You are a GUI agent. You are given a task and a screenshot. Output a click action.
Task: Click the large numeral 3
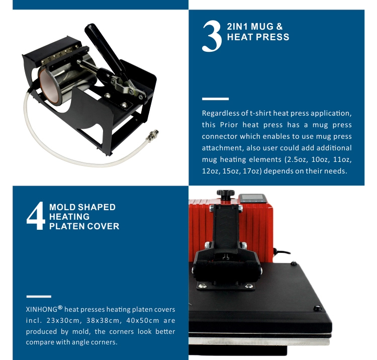(x=212, y=36)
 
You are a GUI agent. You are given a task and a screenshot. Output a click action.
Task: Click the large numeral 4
(x=36, y=216)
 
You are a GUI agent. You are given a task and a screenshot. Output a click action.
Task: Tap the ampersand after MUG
(x=279, y=27)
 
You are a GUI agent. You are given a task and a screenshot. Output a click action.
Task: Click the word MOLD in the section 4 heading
(x=62, y=207)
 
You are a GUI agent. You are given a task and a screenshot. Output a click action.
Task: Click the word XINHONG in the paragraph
(x=42, y=309)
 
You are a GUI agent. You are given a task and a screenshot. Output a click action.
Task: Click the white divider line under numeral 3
(x=215, y=99)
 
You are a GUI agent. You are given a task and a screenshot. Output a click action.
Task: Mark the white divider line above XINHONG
(x=39, y=296)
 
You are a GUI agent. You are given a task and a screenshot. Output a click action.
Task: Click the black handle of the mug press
(x=104, y=48)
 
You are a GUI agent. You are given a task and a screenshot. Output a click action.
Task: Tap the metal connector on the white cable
(x=153, y=136)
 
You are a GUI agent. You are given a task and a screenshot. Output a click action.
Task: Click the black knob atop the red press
(x=225, y=194)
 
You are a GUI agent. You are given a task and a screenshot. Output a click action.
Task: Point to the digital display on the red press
(x=251, y=198)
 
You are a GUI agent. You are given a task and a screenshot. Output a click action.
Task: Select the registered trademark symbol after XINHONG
(x=60, y=307)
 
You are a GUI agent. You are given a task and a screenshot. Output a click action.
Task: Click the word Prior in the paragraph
(x=228, y=125)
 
